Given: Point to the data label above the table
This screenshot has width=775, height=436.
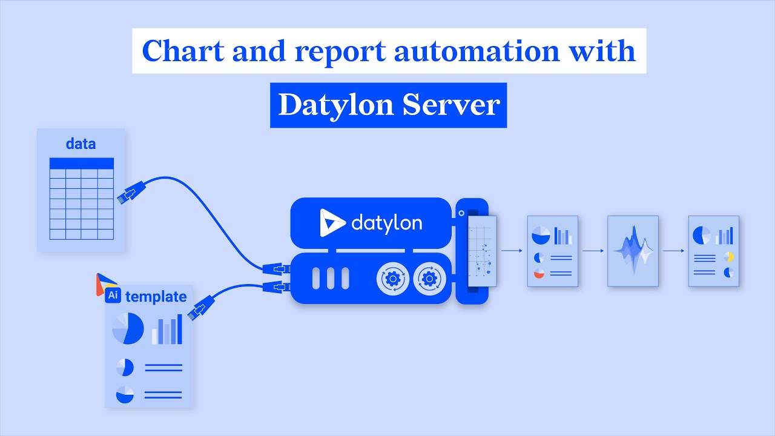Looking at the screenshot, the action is click(x=81, y=144).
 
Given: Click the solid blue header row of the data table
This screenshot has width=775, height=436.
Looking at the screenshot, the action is click(x=81, y=163).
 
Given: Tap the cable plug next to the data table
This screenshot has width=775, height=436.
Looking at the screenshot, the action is click(x=127, y=193).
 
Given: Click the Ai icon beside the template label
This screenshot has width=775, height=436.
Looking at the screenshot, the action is click(x=113, y=296).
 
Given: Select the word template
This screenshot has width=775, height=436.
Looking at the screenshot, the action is click(x=156, y=296).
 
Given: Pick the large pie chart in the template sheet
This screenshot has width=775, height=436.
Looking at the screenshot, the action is click(x=128, y=329).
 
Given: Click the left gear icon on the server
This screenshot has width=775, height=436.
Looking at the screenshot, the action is click(x=392, y=279).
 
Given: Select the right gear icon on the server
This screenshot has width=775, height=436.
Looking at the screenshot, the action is click(x=429, y=279).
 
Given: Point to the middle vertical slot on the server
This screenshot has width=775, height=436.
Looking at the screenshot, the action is click(x=331, y=279).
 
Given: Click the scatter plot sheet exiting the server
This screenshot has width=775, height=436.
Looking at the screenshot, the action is click(x=483, y=250).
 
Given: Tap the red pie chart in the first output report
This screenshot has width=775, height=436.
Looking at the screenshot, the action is click(x=539, y=274).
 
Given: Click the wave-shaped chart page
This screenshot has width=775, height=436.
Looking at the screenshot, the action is click(x=633, y=250).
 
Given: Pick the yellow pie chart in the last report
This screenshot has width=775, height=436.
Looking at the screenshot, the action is click(x=729, y=257).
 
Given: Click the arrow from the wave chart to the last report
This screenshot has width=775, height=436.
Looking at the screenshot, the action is click(x=673, y=250).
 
